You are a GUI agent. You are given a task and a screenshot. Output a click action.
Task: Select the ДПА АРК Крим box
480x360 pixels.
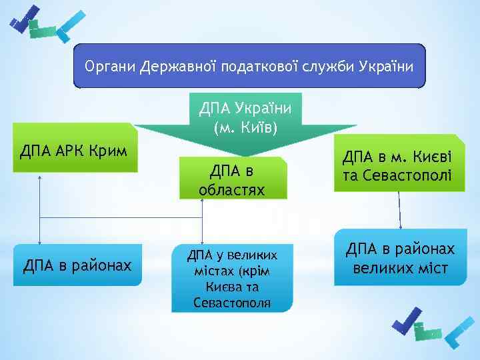pyautogui.click(x=74, y=147)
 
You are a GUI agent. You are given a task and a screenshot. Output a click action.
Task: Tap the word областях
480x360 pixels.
pyautogui.click(x=232, y=190)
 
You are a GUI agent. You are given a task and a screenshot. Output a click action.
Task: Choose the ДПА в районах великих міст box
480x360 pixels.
pyautogui.click(x=399, y=259)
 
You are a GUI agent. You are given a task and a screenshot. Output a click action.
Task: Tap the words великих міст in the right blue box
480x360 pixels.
pyautogui.click(x=399, y=270)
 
